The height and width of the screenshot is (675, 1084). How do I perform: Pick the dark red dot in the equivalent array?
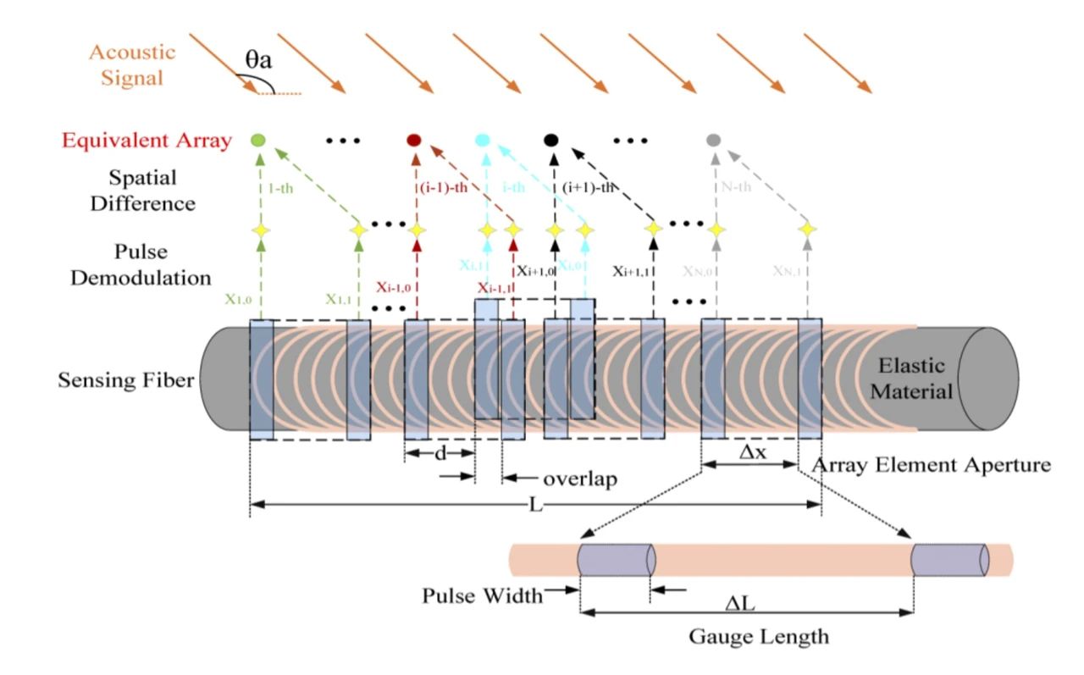pyautogui.click(x=414, y=140)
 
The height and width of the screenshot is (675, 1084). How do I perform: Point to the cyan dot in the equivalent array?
pyautogui.click(x=483, y=140)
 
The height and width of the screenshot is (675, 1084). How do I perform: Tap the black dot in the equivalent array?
pyautogui.click(x=551, y=140)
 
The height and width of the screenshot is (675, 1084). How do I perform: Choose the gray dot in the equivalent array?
pyautogui.click(x=714, y=141)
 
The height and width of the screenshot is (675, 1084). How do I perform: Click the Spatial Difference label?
pyautogui.click(x=141, y=191)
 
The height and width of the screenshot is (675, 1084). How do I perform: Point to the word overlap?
pyautogui.click(x=579, y=479)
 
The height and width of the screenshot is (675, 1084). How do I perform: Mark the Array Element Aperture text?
pyautogui.click(x=931, y=465)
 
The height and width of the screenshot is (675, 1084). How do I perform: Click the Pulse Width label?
pyautogui.click(x=482, y=595)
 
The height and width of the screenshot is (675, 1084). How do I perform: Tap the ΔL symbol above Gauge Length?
pyautogui.click(x=746, y=602)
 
